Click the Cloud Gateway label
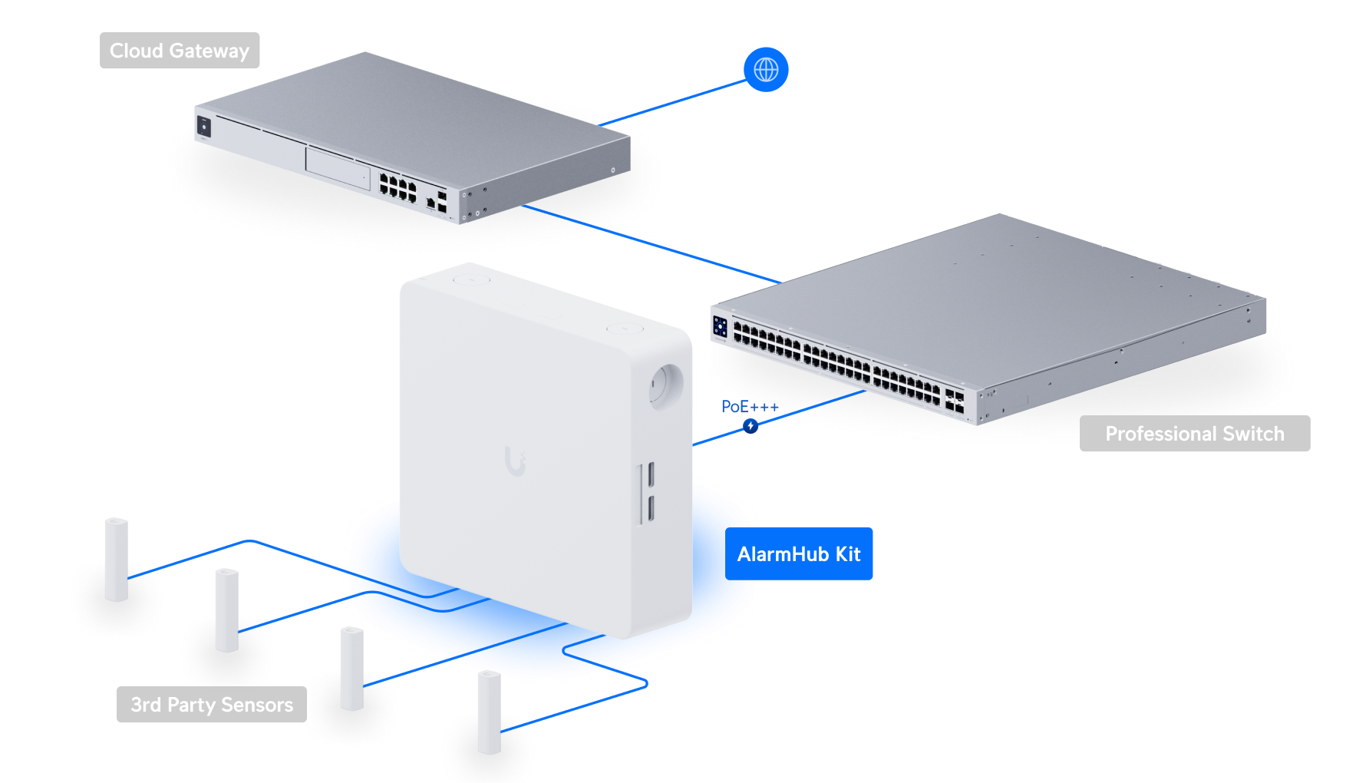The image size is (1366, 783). pos(180,51)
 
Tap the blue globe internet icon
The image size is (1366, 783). pos(766,70)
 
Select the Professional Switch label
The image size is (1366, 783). pos(1194,434)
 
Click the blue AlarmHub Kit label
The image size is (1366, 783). pos(798,553)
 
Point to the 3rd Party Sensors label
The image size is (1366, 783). pos(212,705)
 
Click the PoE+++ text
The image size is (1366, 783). pos(748,406)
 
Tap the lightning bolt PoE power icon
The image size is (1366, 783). pos(751,425)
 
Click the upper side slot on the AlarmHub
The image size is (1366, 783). pos(649,474)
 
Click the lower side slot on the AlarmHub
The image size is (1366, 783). pos(649,508)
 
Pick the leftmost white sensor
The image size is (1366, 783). pos(117,559)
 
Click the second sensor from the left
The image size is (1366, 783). pos(227,610)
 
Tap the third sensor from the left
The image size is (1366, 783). pos(352,668)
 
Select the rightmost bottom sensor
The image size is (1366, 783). pos(490,712)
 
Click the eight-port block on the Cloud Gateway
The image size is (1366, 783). pos(398,187)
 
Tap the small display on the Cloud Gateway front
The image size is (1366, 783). pos(204,126)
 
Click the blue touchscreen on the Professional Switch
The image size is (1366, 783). pos(720,326)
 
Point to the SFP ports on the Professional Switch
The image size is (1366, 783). pos(954,401)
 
